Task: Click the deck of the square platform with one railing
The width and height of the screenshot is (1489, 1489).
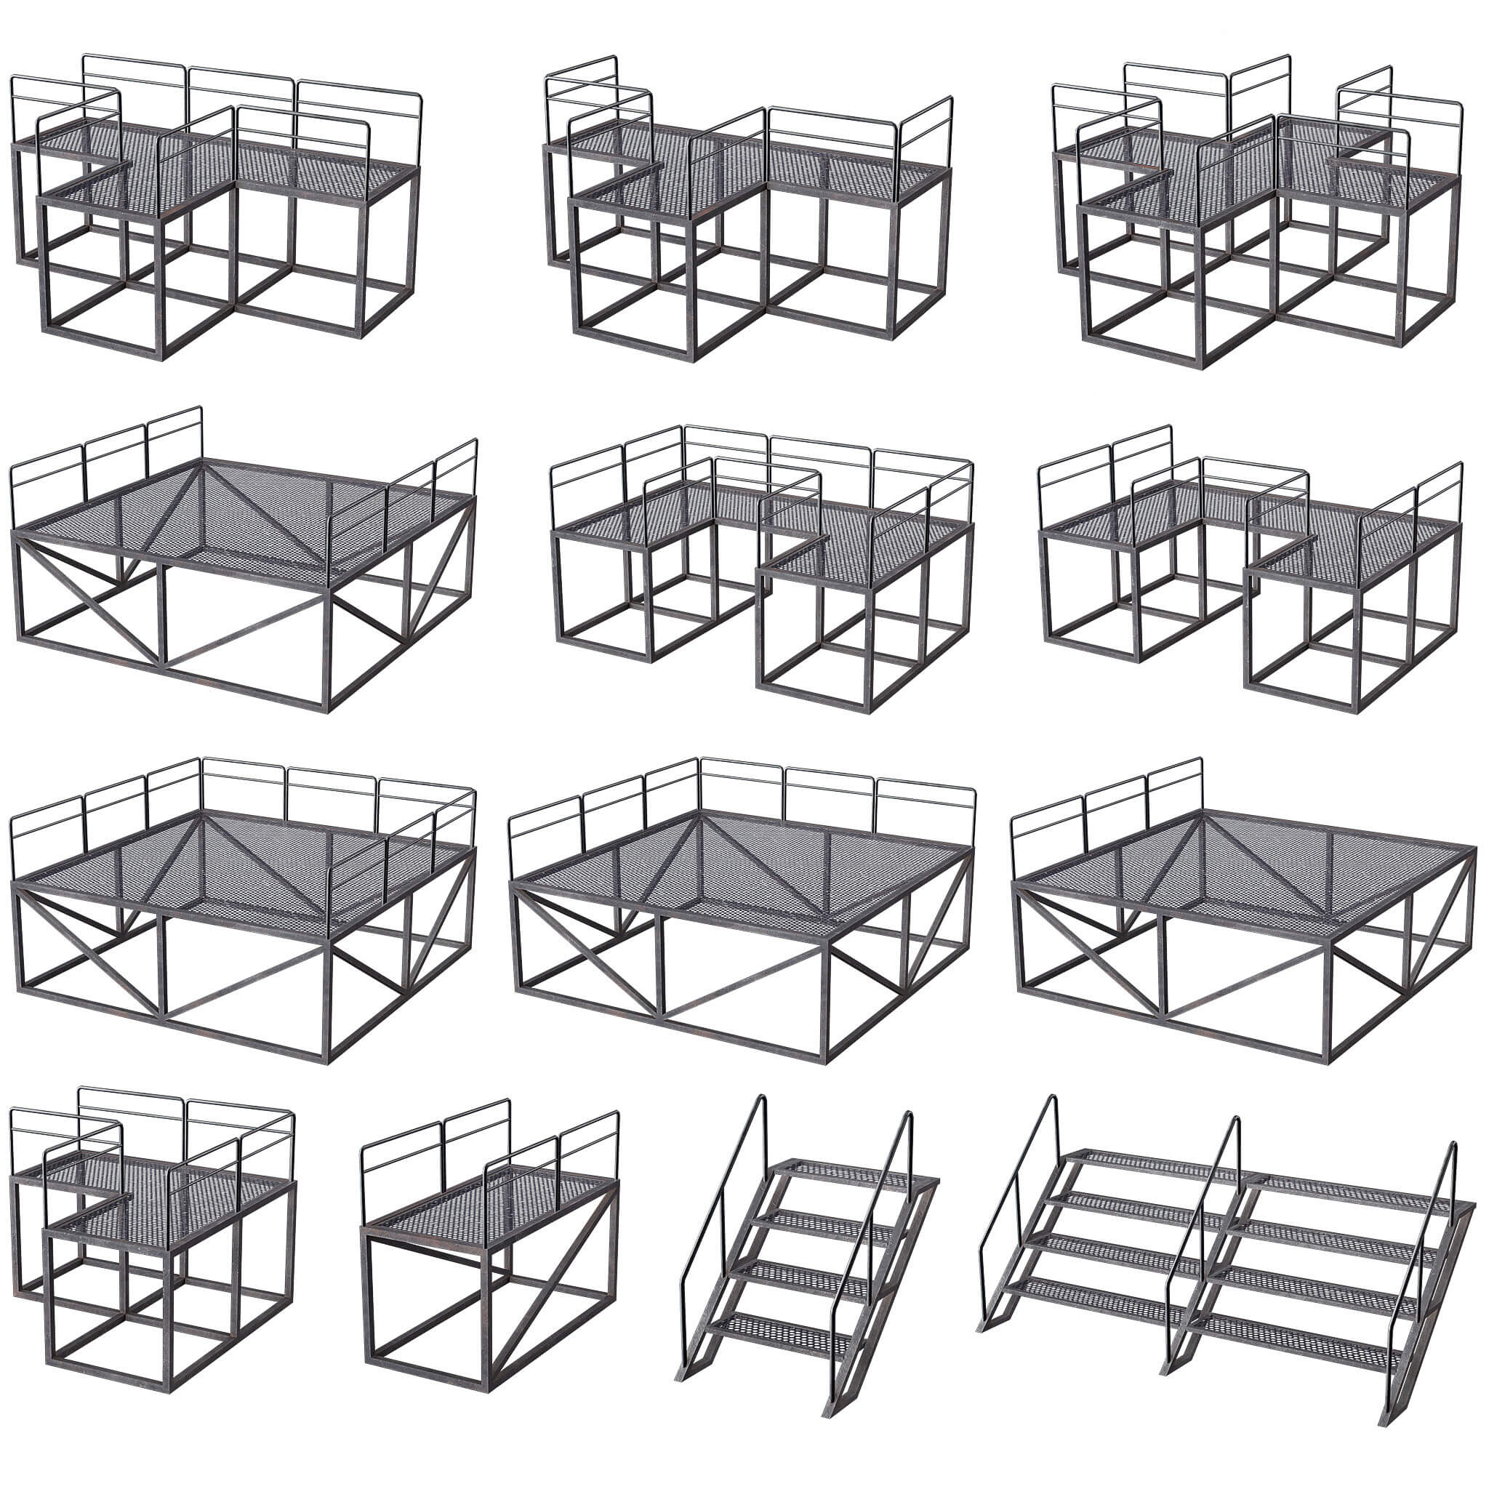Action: [x=1248, y=878]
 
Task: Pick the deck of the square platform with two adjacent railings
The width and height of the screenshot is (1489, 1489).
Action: [x=740, y=871]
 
